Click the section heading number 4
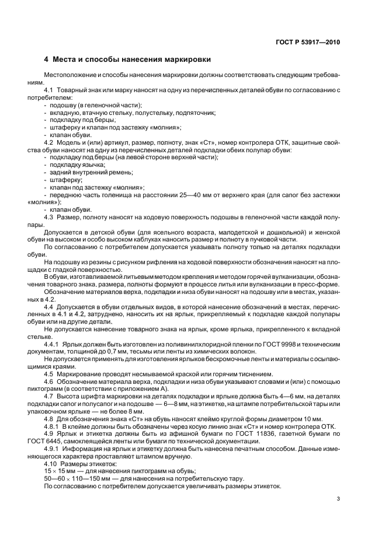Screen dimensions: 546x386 [47, 60]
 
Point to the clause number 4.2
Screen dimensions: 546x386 [48, 143]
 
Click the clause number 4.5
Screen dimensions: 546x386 [48, 373]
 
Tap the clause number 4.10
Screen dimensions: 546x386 [50, 464]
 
